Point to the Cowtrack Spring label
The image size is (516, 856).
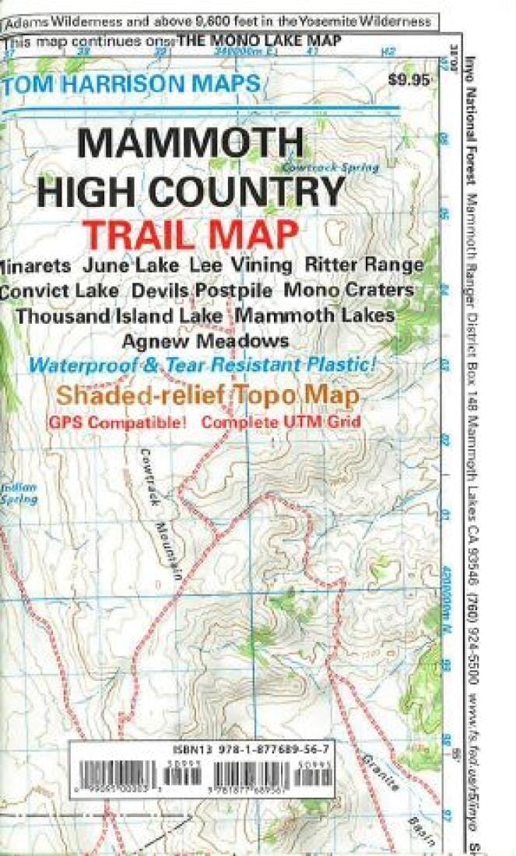[x=330, y=167]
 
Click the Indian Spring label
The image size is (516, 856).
[x=19, y=493]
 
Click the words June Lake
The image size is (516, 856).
[x=136, y=265]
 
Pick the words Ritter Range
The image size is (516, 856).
[x=365, y=265]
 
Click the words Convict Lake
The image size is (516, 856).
[x=60, y=290]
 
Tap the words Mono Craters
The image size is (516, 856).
[x=349, y=290]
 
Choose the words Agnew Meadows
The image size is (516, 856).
[x=205, y=341]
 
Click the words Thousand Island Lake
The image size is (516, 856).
[x=121, y=316]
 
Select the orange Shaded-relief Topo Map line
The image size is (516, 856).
[x=206, y=395]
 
